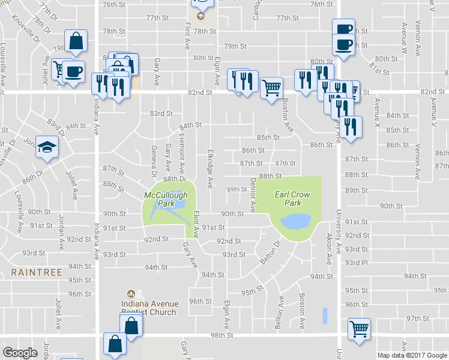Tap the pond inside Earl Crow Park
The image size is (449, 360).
[x=295, y=221]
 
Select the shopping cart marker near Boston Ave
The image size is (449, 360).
[x=272, y=88]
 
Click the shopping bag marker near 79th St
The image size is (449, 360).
[x=77, y=41]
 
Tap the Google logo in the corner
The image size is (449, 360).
[x=20, y=352]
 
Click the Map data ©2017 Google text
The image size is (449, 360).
[x=412, y=355]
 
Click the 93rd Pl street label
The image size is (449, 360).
[x=357, y=263]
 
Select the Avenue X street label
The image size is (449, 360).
[x=377, y=112]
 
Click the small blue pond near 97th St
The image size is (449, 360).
[x=325, y=315]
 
